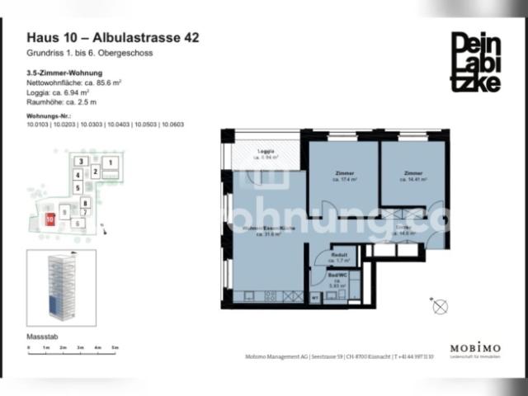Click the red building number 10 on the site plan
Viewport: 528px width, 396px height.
click(x=50, y=219)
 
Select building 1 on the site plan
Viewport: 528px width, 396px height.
click(x=111, y=164)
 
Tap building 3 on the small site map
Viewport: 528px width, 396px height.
click(x=80, y=161)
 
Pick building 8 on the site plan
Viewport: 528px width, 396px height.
click(x=84, y=201)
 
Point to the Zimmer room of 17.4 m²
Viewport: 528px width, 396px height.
click(x=344, y=177)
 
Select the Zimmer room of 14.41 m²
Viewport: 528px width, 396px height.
click(x=413, y=177)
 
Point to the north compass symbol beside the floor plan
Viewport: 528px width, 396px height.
click(x=441, y=307)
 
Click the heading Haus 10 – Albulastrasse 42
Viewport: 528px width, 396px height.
click(x=113, y=37)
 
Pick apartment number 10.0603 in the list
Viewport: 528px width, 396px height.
click(x=172, y=124)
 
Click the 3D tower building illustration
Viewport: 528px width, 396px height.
click(x=61, y=285)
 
